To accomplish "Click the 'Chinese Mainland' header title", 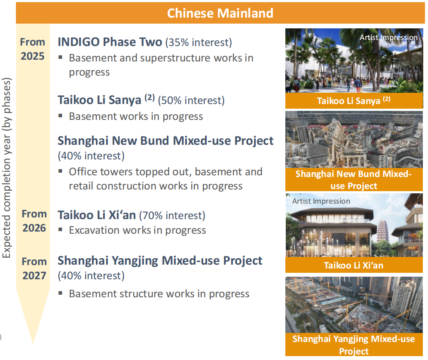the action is [220, 13].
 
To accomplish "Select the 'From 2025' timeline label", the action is [33, 49].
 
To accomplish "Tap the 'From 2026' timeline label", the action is [34, 221].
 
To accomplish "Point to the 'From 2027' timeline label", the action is [34, 268].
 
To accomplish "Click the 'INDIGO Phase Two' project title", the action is [110, 42].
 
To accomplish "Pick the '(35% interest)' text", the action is [199, 43].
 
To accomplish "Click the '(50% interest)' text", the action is [191, 101].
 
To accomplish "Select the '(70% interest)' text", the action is [172, 216].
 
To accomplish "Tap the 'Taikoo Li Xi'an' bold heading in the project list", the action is [97, 215].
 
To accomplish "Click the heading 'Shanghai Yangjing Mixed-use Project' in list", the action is [160, 261].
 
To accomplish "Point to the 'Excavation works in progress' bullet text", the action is [138, 230].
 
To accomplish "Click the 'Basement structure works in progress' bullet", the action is [159, 294].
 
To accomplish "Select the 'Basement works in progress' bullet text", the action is [136, 116].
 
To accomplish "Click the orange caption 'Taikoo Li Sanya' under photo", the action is [354, 101].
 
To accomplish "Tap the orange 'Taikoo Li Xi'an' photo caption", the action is [354, 265].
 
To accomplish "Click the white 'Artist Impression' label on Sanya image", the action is [388, 37].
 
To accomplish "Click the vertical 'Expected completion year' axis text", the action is [6, 168].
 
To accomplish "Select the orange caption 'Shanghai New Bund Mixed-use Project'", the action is [354, 180].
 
